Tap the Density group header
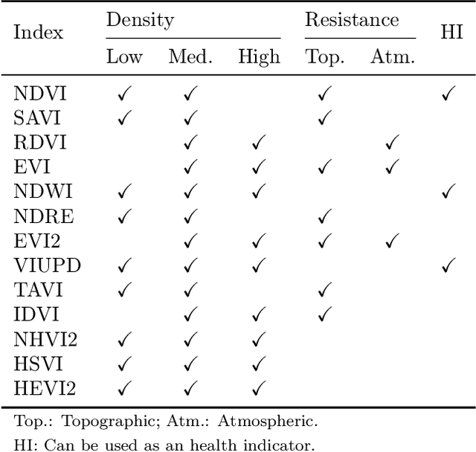pyautogui.click(x=140, y=20)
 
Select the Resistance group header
pyautogui.click(x=352, y=20)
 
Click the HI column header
pyautogui.click(x=452, y=33)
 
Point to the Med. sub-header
pyautogui.click(x=190, y=57)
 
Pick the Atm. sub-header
pyautogui.click(x=392, y=57)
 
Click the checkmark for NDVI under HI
pyautogui.click(x=448, y=94)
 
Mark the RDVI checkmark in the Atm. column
pyautogui.click(x=392, y=142)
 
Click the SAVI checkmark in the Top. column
pyautogui.click(x=324, y=117)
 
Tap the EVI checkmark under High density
pyautogui.click(x=259, y=167)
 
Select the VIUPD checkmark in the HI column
pyautogui.click(x=448, y=265)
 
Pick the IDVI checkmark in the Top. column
pyautogui.click(x=324, y=314)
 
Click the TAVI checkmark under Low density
pyautogui.click(x=124, y=289)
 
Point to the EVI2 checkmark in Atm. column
pyautogui.click(x=392, y=241)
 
